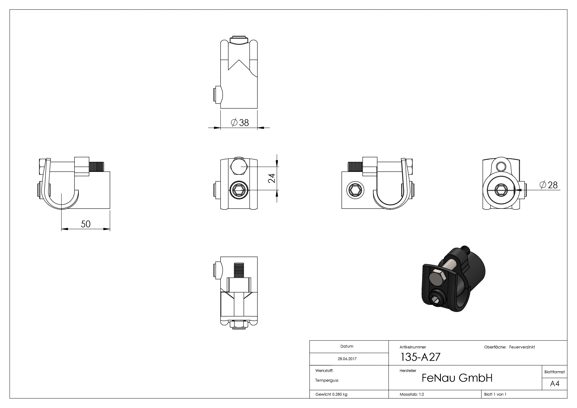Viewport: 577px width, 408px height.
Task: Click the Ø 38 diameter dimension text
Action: [x=240, y=123]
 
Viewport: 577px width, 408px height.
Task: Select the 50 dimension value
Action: [x=86, y=224]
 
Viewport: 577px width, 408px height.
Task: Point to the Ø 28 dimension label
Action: [x=549, y=185]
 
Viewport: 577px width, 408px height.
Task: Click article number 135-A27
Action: [x=420, y=357]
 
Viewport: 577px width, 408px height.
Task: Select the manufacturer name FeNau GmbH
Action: [x=457, y=378]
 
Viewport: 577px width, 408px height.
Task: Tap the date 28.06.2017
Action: [x=347, y=359]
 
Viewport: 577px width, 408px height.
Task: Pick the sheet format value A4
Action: [x=555, y=384]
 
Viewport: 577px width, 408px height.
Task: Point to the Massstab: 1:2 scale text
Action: [x=412, y=394]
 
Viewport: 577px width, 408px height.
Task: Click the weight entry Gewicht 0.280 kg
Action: [x=331, y=394]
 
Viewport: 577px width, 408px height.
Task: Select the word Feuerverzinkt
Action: [x=522, y=347]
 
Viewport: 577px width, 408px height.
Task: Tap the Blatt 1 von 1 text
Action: [x=495, y=394]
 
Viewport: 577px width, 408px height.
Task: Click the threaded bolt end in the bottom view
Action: [x=239, y=270]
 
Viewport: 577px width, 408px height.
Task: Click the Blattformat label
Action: [x=554, y=372]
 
